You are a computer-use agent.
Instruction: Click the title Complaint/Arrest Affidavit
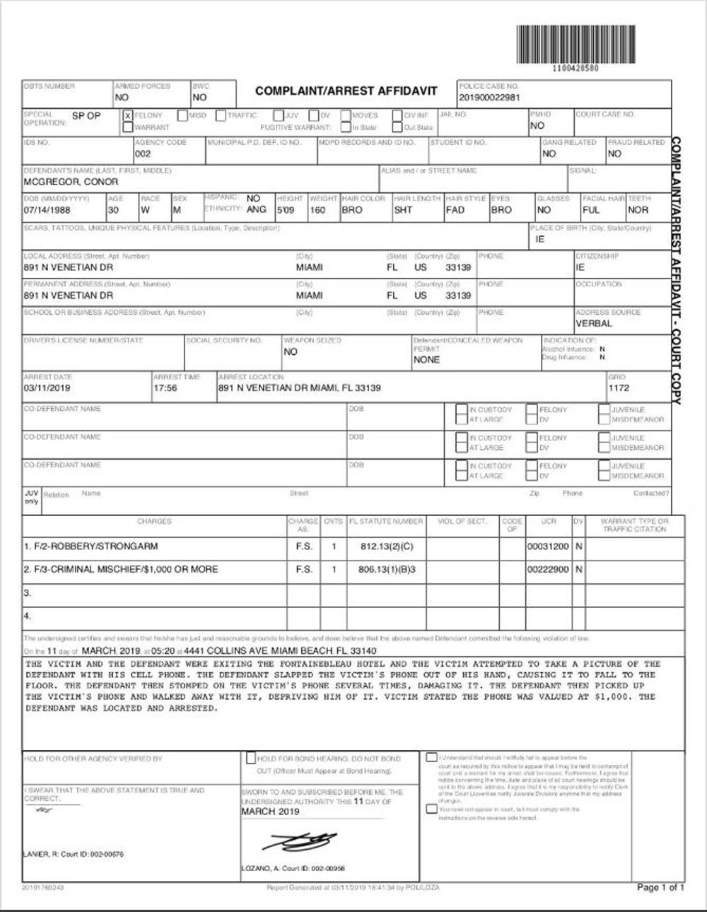(x=346, y=91)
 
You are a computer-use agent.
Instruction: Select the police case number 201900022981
(x=489, y=98)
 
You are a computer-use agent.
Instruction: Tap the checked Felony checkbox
(x=128, y=115)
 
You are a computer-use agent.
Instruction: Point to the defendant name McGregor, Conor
(x=71, y=182)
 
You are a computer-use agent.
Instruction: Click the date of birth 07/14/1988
(x=47, y=210)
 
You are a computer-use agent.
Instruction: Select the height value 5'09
(x=286, y=210)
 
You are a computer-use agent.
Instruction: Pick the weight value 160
(x=318, y=210)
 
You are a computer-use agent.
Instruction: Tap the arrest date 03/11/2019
(x=47, y=388)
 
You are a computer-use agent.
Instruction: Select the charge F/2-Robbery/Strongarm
(x=90, y=546)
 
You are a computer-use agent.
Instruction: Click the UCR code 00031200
(x=548, y=546)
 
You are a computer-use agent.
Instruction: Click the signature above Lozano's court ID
(x=300, y=841)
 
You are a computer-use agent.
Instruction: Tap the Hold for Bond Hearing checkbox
(x=251, y=758)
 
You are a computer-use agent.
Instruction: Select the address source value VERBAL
(x=594, y=323)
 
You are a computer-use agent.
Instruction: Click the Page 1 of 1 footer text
(x=660, y=887)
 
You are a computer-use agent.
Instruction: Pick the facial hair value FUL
(x=591, y=210)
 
